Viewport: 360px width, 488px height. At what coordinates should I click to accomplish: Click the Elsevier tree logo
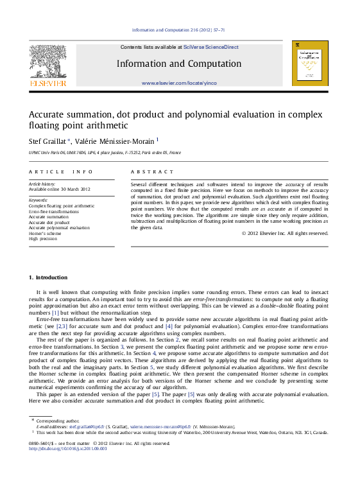tap(47, 63)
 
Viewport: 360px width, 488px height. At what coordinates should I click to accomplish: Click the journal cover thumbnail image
tap(310, 63)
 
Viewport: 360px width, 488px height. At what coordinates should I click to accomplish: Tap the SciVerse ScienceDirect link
tap(210, 47)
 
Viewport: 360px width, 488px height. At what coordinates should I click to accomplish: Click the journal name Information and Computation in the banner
tap(179, 64)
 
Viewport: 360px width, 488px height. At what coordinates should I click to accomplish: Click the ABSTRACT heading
tap(152, 172)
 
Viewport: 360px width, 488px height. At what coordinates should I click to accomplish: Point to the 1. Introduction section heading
tap(48, 277)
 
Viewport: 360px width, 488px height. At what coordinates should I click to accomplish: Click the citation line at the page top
tap(179, 30)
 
